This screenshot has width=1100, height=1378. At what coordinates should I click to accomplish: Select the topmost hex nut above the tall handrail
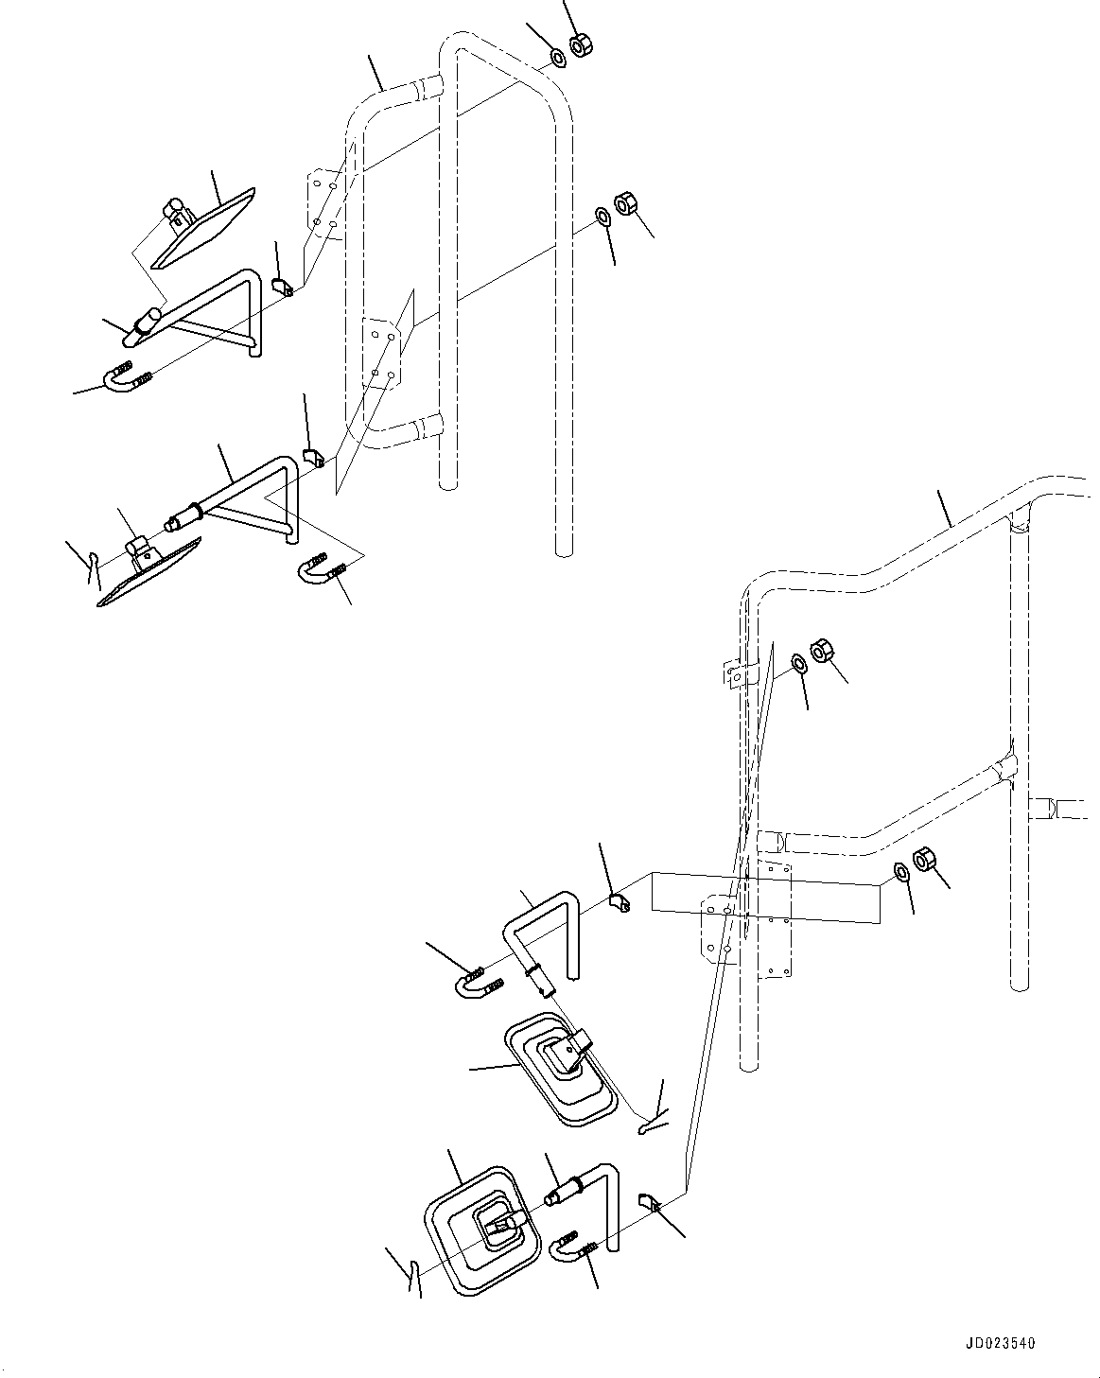pos(582,44)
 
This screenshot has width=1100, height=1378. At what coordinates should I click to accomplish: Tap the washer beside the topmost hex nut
pos(558,59)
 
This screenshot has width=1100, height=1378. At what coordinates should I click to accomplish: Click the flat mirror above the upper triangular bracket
pos(203,228)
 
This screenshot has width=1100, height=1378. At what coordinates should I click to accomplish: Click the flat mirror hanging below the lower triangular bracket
pos(151,573)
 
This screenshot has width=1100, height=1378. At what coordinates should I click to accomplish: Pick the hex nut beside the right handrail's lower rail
pos(923,861)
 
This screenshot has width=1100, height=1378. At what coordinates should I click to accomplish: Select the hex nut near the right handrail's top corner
pos(822,653)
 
